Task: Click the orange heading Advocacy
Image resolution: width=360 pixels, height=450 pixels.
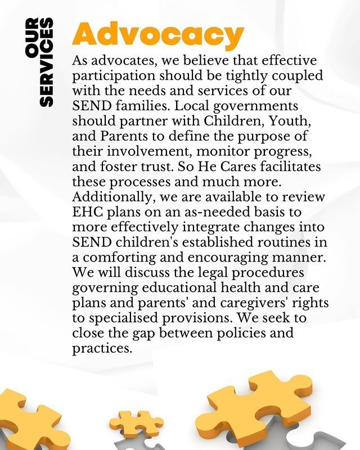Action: (x=158, y=35)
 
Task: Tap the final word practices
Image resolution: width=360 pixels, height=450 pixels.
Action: (x=102, y=348)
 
